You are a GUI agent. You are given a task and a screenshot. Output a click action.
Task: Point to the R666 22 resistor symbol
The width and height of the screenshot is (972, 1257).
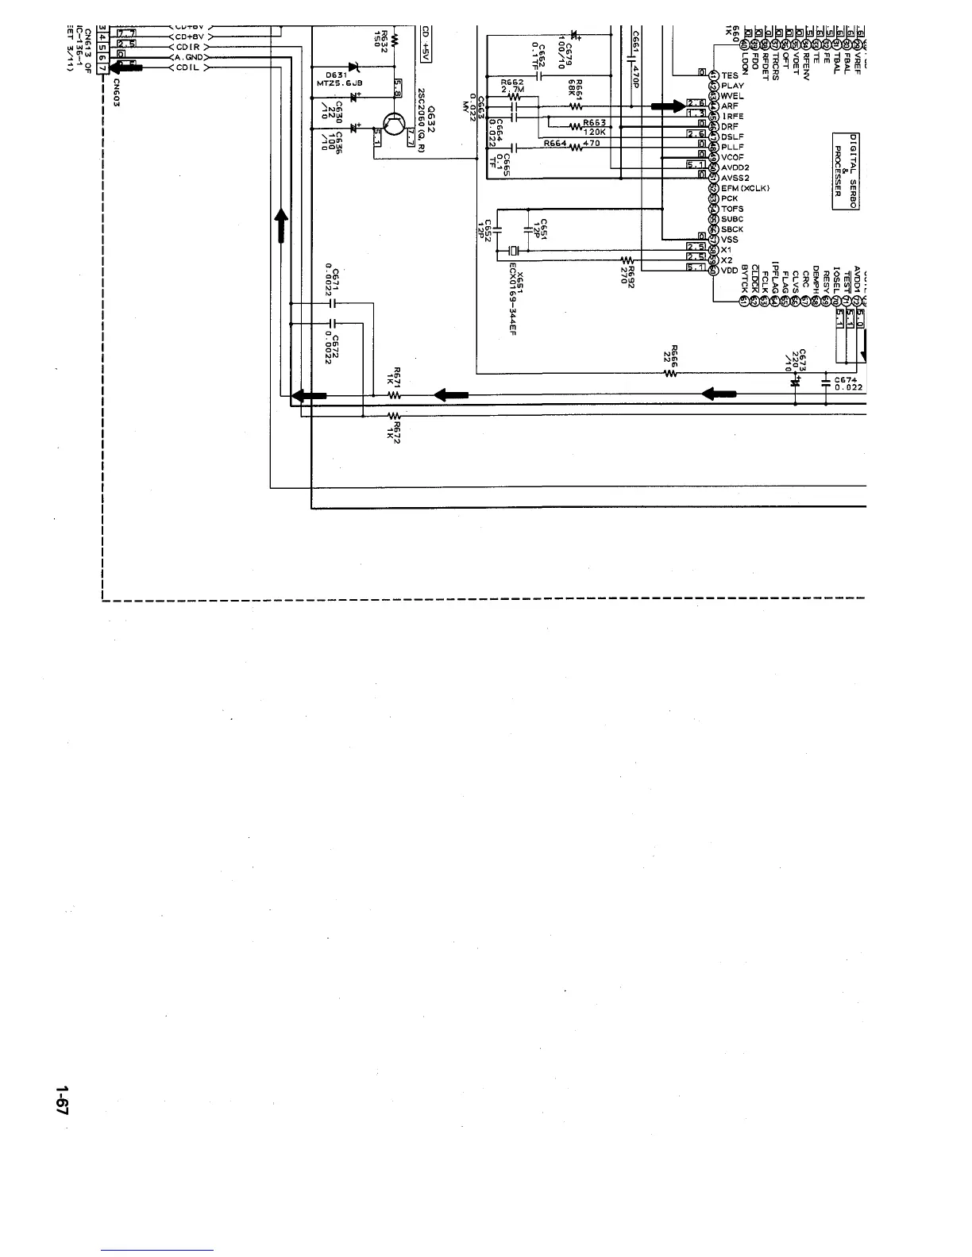pos(669,374)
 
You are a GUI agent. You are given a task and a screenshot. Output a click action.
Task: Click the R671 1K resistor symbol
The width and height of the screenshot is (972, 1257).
pos(395,394)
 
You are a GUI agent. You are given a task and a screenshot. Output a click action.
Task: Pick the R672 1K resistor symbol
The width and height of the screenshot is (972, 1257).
pos(395,415)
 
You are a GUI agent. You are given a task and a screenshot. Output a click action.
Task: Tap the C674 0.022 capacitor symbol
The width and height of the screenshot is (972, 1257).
pos(827,382)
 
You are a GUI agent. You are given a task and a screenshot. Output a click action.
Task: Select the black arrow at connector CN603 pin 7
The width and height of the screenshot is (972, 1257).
pos(129,68)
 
